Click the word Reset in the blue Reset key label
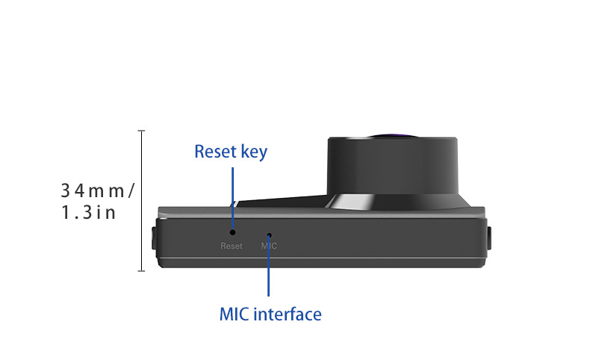tap(215, 152)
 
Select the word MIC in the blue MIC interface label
tap(235, 314)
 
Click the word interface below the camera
tap(288, 314)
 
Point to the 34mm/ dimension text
tap(97, 190)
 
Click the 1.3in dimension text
tap(88, 213)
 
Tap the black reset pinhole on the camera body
tap(233, 232)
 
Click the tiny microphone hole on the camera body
tap(269, 234)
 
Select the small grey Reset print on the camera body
tap(232, 246)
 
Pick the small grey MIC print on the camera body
tap(269, 246)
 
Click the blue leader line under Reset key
tap(233, 196)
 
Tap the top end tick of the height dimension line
tap(141, 131)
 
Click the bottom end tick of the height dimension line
tap(141, 271)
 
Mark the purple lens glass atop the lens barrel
tap(396, 136)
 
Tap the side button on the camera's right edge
tap(491, 239)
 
